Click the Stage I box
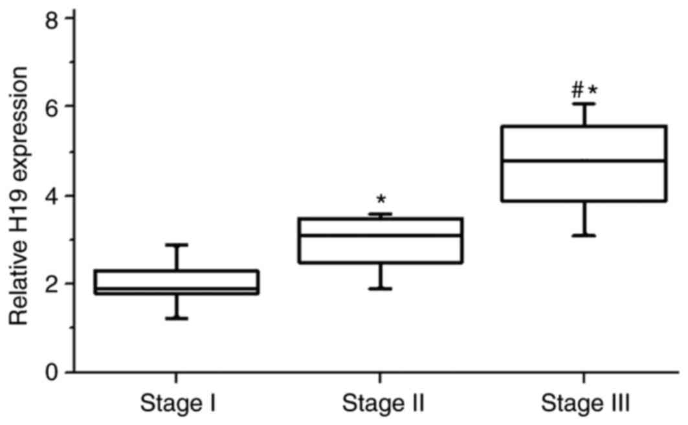click(176, 282)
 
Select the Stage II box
click(380, 241)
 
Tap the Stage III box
click(584, 164)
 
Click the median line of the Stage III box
click(584, 160)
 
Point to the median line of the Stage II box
click(380, 235)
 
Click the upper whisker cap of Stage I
click(176, 245)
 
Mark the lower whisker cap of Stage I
click(176, 318)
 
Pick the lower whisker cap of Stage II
click(380, 289)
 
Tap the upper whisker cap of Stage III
click(584, 104)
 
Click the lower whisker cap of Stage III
click(584, 235)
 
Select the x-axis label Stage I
click(176, 405)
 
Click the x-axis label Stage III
click(585, 405)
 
